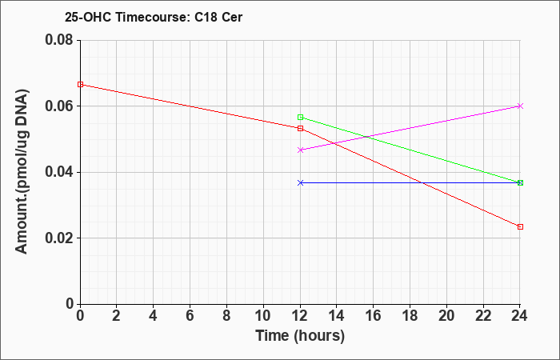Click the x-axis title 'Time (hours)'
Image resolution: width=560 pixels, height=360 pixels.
(300, 335)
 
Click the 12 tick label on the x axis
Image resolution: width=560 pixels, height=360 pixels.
(300, 315)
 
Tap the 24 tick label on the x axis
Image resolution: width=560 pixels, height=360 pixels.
(520, 315)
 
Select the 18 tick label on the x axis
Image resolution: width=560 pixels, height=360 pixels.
(410, 315)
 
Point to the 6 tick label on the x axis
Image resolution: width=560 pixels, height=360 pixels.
(190, 315)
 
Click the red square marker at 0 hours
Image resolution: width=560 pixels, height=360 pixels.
(80, 84)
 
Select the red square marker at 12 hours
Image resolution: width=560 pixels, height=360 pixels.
(300, 128)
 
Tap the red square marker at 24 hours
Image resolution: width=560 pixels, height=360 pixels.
(520, 226)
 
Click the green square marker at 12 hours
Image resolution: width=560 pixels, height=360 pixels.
(300, 117)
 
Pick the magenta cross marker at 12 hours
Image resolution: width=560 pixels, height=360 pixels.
(300, 150)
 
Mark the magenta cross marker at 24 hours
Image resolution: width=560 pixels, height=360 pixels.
(520, 106)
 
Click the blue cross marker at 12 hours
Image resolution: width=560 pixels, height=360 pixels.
(300, 182)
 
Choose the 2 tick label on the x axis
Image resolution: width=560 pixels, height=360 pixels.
(117, 315)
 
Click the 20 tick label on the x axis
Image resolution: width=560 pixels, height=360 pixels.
(446, 315)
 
